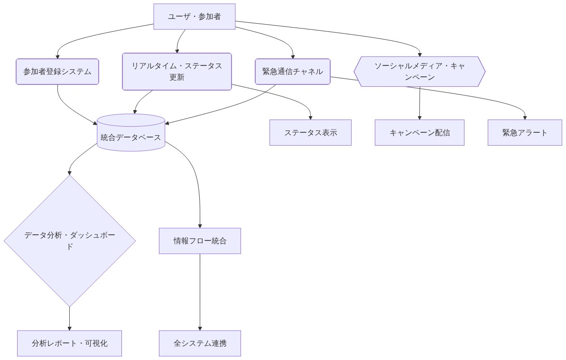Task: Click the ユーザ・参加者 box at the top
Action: click(195, 17)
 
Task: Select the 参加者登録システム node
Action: click(57, 72)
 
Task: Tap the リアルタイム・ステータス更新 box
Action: click(177, 72)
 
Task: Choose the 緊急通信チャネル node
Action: click(292, 72)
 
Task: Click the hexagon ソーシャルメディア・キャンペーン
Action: click(419, 72)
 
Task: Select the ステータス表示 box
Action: click(310, 132)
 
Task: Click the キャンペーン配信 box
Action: click(419, 132)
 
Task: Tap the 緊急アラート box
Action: click(525, 132)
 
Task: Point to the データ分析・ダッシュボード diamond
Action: click(70, 241)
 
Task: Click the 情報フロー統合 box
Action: click(200, 241)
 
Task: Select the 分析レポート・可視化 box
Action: click(70, 343)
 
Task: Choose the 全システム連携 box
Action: click(200, 343)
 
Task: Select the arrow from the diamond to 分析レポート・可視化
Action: click(70, 318)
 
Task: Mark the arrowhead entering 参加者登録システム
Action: click(57, 56)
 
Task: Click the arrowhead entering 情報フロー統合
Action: click(200, 225)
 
